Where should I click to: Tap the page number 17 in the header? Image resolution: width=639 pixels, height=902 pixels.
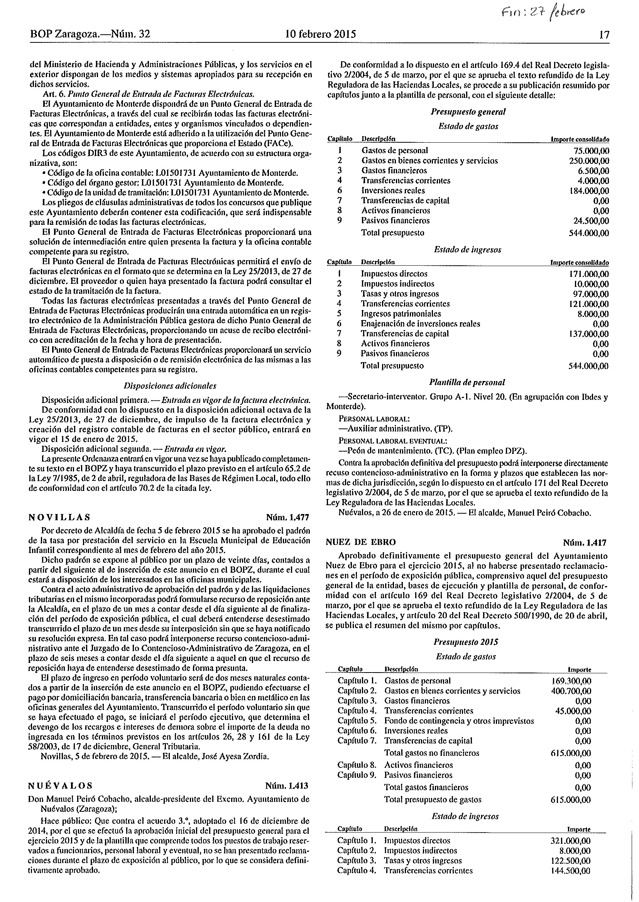coord(604,35)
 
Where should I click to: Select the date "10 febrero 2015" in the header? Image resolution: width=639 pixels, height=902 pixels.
coord(320,34)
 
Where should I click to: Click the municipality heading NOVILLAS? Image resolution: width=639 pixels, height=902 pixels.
coord(59,517)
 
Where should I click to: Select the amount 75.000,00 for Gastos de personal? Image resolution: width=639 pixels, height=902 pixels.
coord(591,151)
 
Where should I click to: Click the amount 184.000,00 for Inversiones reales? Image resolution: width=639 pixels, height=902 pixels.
coord(589,191)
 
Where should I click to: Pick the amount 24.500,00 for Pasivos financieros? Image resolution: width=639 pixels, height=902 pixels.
coord(591,221)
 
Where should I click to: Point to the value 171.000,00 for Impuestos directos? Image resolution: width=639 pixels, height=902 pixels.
coord(589,274)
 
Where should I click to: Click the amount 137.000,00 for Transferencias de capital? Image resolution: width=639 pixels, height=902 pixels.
coord(589,334)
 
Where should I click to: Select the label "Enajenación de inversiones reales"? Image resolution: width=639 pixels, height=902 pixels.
coord(420,324)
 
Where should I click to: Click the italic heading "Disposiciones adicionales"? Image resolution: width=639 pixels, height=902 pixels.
coord(170,386)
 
